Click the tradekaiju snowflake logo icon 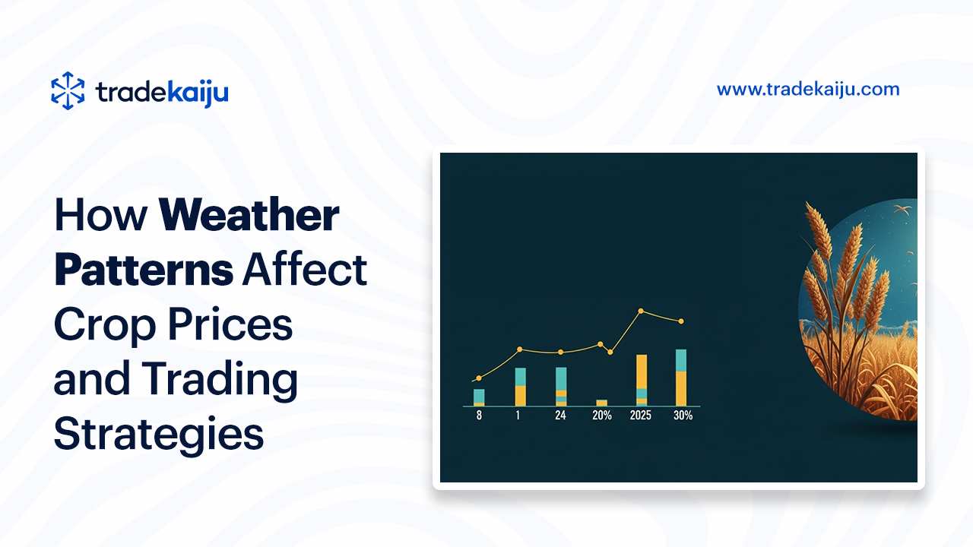pyautogui.click(x=68, y=90)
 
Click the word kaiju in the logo pyautogui.click(x=198, y=93)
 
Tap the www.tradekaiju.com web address pyautogui.click(x=808, y=90)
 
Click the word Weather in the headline pyautogui.click(x=249, y=215)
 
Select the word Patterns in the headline pyautogui.click(x=144, y=270)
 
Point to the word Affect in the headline pyautogui.click(x=305, y=269)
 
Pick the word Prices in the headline pyautogui.click(x=230, y=324)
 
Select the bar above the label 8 pyautogui.click(x=479, y=397)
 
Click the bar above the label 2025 pyautogui.click(x=642, y=381)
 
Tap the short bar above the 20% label pyautogui.click(x=601, y=403)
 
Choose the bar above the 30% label pyautogui.click(x=681, y=378)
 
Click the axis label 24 pyautogui.click(x=560, y=416)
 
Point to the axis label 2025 pyautogui.click(x=641, y=416)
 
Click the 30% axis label pyautogui.click(x=683, y=416)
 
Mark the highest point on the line pyautogui.click(x=641, y=311)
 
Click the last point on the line pyautogui.click(x=681, y=321)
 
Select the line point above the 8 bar pyautogui.click(x=479, y=378)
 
